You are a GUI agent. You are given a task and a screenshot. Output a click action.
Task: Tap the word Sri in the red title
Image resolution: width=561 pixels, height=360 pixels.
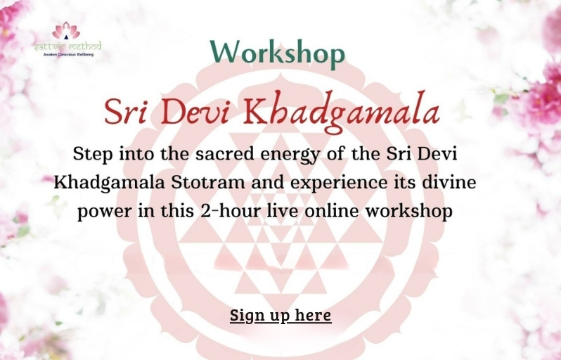(x=129, y=113)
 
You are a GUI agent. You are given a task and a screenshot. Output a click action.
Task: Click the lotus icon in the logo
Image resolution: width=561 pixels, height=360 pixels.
(x=66, y=31)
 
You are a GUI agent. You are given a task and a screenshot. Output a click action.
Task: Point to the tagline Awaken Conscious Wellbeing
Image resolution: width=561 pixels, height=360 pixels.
(x=67, y=54)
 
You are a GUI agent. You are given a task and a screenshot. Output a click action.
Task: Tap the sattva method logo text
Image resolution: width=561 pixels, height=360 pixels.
(x=67, y=46)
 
